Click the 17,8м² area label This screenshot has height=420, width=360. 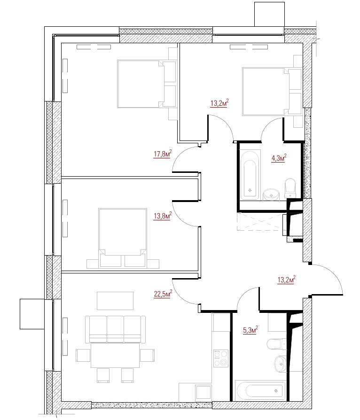[x=163, y=154]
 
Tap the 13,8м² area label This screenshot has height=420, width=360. [x=163, y=216]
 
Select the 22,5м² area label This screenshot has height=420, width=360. [x=163, y=294]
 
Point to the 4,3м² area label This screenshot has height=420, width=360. [x=279, y=158]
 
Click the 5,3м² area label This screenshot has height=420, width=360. [x=250, y=330]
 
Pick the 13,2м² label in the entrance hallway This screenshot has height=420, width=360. [x=286, y=280]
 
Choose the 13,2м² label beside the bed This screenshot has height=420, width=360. [x=219, y=103]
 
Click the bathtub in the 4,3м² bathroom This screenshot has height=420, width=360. [x=250, y=175]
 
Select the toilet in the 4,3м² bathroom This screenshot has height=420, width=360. [x=290, y=188]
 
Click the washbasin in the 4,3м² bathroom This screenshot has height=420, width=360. [x=271, y=194]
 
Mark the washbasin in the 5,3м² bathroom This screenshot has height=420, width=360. [x=281, y=364]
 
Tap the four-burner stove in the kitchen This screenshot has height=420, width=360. [x=221, y=358]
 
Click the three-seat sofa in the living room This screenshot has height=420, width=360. [x=115, y=329]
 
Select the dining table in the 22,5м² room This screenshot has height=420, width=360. [x=115, y=355]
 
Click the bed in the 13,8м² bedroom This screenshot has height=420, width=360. [x=123, y=238]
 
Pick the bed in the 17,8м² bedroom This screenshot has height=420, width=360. [x=146, y=84]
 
